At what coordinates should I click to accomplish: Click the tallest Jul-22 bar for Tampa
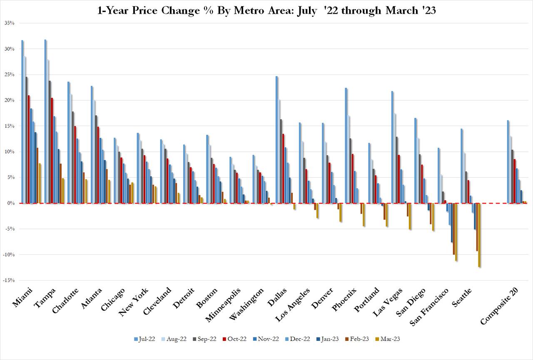tap(45, 121)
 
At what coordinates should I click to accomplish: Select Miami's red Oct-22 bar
tap(29, 149)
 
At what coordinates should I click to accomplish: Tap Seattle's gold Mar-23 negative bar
tap(479, 235)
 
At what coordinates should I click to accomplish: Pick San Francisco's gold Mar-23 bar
tap(456, 232)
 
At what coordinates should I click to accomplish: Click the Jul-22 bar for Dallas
tap(277, 140)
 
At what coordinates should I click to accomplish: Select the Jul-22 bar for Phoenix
tap(346, 146)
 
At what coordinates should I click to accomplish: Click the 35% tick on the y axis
tap(10, 23)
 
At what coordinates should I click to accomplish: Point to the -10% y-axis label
tap(9, 255)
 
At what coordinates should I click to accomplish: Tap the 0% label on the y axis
tap(11, 203)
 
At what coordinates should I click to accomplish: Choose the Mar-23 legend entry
tap(388, 339)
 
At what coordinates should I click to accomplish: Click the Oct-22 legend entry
tap(234, 339)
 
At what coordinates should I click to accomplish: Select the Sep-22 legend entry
tap(204, 339)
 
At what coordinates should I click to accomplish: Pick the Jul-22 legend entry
tap(144, 339)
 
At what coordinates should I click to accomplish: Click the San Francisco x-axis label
tap(429, 307)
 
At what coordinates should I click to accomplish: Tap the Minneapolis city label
tap(223, 305)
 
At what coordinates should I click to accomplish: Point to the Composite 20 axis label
tap(499, 306)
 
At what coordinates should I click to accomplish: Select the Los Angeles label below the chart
tap(292, 305)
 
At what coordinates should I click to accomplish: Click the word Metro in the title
tap(249, 11)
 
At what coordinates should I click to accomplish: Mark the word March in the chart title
tap(402, 11)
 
